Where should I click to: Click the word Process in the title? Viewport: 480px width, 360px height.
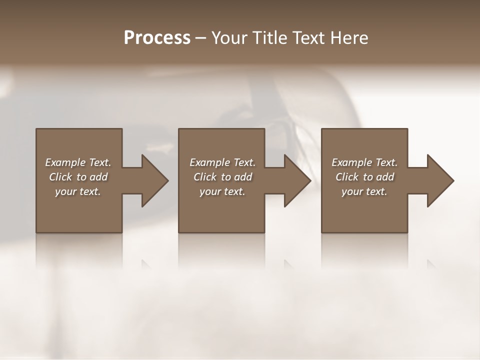click(x=157, y=38)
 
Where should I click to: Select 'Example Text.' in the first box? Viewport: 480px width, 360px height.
click(x=78, y=162)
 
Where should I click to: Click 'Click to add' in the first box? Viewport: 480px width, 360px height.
click(x=78, y=177)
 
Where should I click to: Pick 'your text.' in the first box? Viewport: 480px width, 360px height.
click(x=78, y=191)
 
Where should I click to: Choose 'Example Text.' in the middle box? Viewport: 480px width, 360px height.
click(x=222, y=162)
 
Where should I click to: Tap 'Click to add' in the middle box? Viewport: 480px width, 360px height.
click(x=222, y=177)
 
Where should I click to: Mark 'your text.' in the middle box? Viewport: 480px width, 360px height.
click(x=222, y=191)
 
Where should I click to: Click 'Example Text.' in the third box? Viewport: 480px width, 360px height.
click(x=364, y=162)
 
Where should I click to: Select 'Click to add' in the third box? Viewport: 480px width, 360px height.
click(x=364, y=177)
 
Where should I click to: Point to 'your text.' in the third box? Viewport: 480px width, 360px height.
click(x=364, y=191)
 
